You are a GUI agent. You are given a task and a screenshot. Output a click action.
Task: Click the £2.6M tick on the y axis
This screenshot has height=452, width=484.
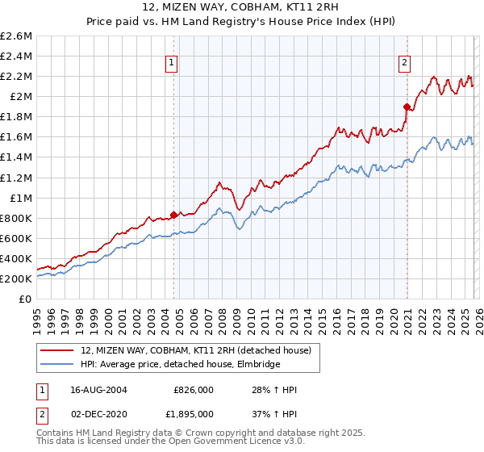click(16, 36)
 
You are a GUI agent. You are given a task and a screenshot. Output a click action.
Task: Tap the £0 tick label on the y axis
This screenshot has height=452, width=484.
click(26, 299)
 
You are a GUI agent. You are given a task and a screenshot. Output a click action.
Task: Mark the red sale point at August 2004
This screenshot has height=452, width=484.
click(174, 215)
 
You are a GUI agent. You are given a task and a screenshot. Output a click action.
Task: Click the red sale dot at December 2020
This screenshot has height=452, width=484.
click(407, 106)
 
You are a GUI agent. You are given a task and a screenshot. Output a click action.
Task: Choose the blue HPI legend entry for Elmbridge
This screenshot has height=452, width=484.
click(180, 364)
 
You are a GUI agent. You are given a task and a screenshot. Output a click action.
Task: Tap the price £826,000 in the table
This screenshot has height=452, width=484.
click(193, 390)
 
